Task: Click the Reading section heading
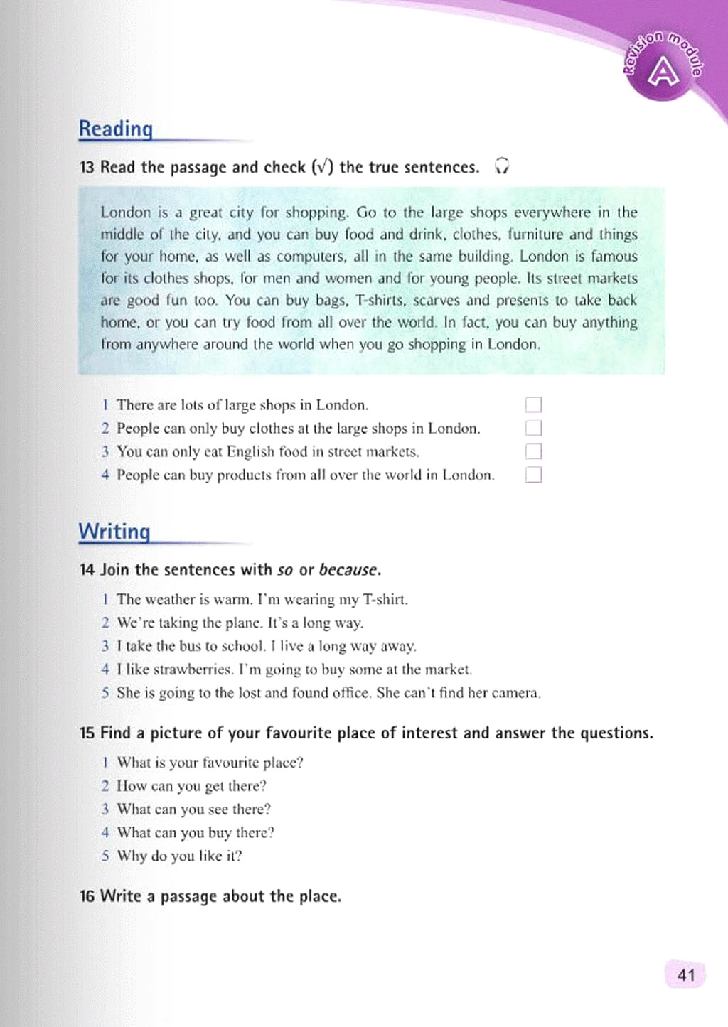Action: pyautogui.click(x=115, y=129)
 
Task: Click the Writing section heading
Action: pyautogui.click(x=114, y=532)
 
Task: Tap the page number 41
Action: pyautogui.click(x=686, y=975)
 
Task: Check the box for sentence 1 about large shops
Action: pyautogui.click(x=533, y=405)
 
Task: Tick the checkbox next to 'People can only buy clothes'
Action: pyautogui.click(x=533, y=428)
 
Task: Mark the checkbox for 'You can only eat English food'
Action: pyautogui.click(x=533, y=451)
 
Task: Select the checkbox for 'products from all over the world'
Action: pyautogui.click(x=533, y=475)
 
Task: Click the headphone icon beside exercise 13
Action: pyautogui.click(x=502, y=166)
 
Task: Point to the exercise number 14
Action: pyautogui.click(x=87, y=570)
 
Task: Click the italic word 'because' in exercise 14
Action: pyautogui.click(x=348, y=570)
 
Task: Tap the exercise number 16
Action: pyautogui.click(x=87, y=897)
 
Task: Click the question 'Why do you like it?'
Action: pyautogui.click(x=179, y=856)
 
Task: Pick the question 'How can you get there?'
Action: pyautogui.click(x=191, y=786)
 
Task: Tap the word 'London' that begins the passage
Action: pyautogui.click(x=126, y=213)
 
